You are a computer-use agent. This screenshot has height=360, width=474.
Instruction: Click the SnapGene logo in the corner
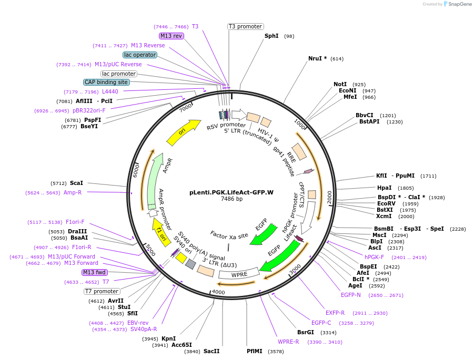pos(456,4)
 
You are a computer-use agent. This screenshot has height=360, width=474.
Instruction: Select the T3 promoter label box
pos(246,26)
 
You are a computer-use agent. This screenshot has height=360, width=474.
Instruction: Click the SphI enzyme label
pos(271,36)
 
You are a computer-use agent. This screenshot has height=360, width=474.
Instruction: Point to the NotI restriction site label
pos(340,84)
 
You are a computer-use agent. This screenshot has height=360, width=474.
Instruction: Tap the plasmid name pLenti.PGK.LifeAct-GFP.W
pos(231,192)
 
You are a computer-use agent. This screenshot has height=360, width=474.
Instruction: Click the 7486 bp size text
pos(231,199)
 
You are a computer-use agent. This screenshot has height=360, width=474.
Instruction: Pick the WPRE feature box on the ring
pos(239,274)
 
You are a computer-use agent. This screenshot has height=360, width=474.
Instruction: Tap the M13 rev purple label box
pos(171,36)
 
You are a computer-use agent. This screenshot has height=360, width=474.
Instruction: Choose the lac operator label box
pos(140,55)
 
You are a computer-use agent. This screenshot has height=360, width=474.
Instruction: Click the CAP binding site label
pos(106,82)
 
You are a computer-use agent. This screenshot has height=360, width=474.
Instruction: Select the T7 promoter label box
pos(102,291)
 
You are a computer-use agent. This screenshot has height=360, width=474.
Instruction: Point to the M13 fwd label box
pos(94,272)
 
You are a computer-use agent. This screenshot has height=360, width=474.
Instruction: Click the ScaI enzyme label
pos(76,183)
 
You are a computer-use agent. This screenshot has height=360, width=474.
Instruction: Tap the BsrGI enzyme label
pos(306,332)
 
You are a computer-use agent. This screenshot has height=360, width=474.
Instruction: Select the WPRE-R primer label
pos(289,342)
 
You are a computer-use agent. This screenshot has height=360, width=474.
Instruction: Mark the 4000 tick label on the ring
pos(218,292)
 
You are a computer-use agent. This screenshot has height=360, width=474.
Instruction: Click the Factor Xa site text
pos(229,235)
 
